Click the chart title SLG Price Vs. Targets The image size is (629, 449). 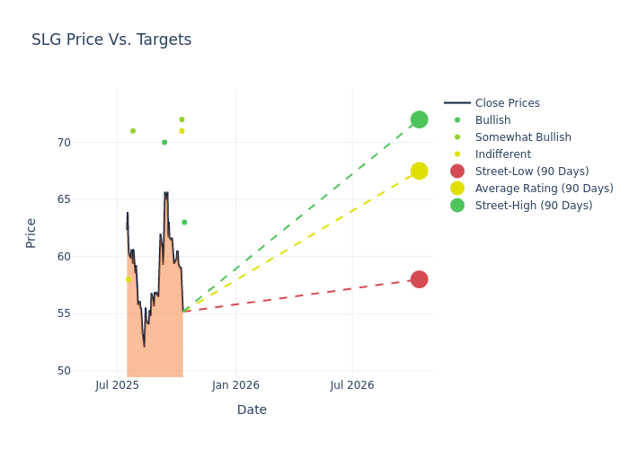111,40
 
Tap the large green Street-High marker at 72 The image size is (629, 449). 419,119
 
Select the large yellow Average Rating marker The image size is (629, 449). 419,171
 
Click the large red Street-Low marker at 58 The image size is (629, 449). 419,279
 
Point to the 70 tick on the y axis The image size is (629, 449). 88,143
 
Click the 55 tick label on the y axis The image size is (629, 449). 88,313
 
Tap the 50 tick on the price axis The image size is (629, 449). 88,371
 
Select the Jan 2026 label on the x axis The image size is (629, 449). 235,385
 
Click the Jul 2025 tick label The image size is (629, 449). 117,385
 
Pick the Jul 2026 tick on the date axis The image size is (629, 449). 352,385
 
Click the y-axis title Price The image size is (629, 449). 31,233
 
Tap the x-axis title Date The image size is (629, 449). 252,410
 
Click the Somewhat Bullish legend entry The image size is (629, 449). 523,137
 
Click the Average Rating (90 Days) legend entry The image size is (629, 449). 544,189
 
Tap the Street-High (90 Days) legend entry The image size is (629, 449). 534,206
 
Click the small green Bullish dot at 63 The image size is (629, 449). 184,223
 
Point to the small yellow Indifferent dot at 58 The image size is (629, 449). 128,279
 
